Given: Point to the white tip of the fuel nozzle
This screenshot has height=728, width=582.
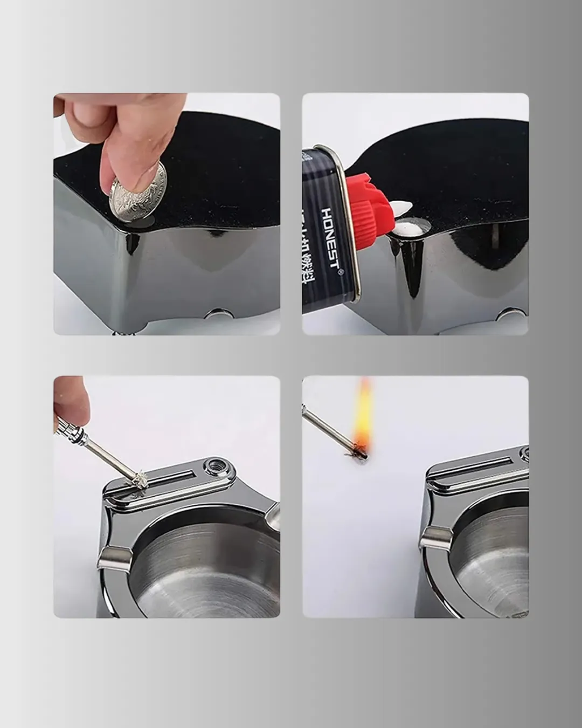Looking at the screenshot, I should (401, 208).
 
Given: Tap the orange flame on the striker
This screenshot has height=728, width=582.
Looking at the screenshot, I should (363, 415).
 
